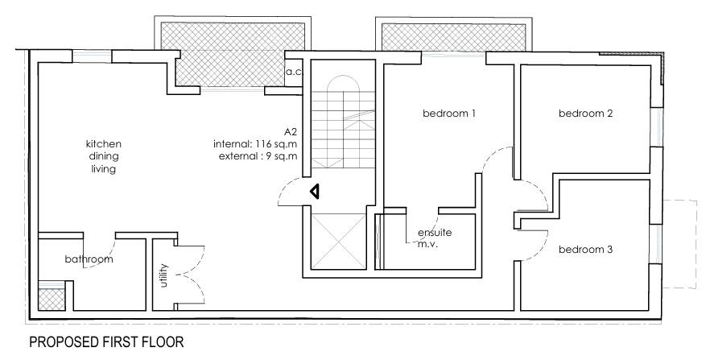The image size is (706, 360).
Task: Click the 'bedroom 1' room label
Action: coord(450,114)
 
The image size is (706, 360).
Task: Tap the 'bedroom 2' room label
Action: coord(586,114)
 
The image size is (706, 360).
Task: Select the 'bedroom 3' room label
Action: coord(586,250)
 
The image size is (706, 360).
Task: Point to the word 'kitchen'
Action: coord(104,144)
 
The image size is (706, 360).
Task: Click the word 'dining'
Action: coord(104,157)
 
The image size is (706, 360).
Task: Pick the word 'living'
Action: coord(104,170)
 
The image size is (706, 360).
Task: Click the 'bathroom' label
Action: coord(89,260)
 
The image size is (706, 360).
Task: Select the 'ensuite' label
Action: coord(434,233)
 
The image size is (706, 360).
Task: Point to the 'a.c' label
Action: coord(293,72)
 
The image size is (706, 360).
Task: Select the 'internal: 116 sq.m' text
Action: coord(257,143)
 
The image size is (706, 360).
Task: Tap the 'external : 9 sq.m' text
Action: coord(258,155)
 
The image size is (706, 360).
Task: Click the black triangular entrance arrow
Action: coord(316,192)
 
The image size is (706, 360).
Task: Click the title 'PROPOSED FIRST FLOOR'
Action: coord(106,343)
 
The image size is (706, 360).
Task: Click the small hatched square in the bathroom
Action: coord(50,299)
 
